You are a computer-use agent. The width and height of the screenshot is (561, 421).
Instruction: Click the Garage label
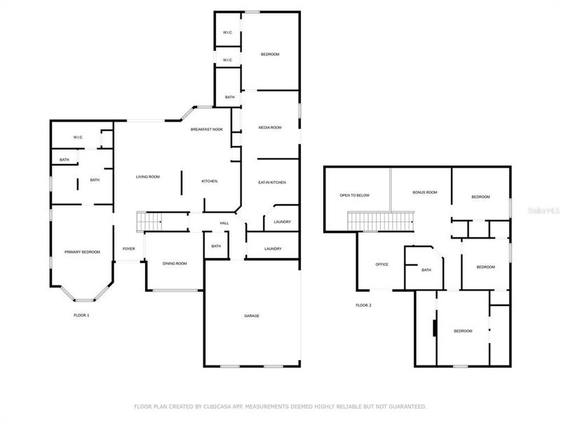pos(252,316)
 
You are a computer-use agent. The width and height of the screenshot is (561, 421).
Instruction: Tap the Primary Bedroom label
pos(82,252)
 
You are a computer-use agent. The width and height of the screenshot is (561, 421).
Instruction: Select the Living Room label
pos(148,177)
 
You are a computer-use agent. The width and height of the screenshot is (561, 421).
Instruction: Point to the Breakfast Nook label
pos(207,130)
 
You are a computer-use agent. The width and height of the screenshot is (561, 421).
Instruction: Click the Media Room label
pos(270,128)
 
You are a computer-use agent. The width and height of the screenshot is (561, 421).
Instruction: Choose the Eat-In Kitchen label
pos(271,182)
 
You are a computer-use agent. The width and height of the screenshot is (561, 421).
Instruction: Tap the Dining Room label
pos(175,263)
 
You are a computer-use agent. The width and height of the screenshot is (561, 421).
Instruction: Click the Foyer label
pos(129,248)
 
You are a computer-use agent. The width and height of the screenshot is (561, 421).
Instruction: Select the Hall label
pos(224,223)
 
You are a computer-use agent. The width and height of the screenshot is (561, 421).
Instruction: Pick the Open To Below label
pos(354,195)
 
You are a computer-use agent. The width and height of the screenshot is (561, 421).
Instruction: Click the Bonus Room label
pos(425,192)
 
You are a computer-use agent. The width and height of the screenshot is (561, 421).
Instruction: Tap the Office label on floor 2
pos(382,265)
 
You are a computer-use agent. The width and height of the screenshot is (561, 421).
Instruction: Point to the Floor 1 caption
pos(82,315)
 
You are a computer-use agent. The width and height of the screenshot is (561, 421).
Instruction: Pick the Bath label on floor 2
pos(426,270)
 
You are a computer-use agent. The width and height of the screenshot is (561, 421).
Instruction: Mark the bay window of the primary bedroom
pos(82,293)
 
